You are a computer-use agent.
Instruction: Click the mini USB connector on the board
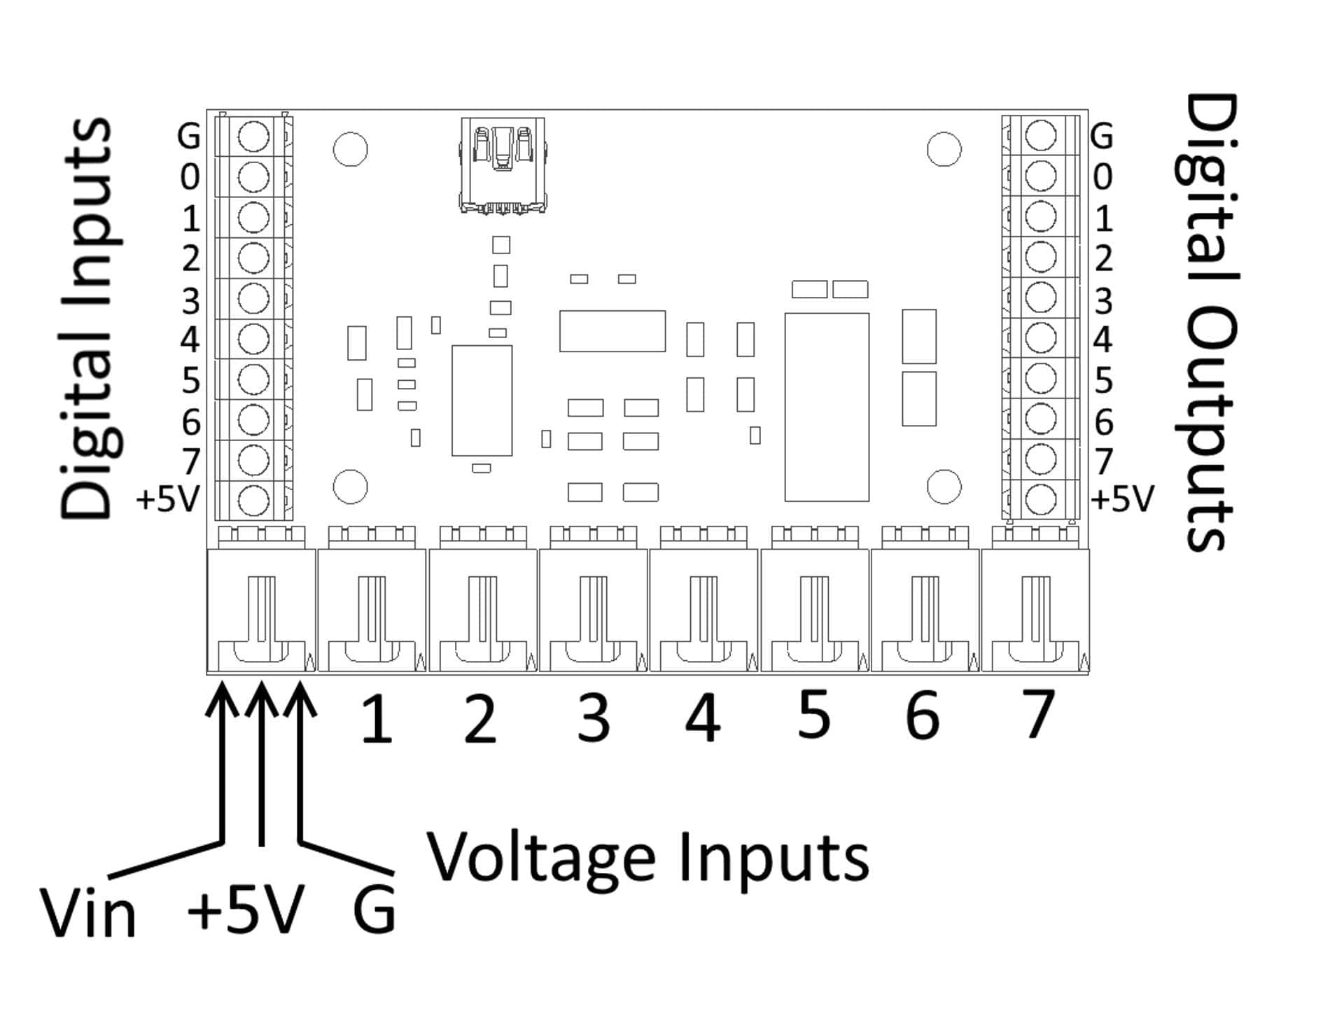tap(502, 165)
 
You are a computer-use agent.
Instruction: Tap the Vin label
tap(88, 913)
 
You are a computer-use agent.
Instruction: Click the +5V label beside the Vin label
tap(245, 910)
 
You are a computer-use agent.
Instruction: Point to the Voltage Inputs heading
tap(647, 858)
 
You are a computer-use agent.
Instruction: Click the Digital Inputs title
tap(87, 319)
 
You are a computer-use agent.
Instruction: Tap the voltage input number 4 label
tap(702, 718)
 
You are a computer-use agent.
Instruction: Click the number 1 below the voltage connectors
tap(377, 719)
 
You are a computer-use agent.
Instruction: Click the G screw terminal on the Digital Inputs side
tap(253, 137)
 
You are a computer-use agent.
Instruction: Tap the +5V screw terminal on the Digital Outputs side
tap(1041, 500)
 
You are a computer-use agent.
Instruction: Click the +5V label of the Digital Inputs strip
tap(168, 499)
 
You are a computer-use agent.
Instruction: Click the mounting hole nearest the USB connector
tap(350, 149)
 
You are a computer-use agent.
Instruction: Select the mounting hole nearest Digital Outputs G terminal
tap(944, 149)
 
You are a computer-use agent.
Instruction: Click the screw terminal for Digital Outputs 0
tap(1041, 176)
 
